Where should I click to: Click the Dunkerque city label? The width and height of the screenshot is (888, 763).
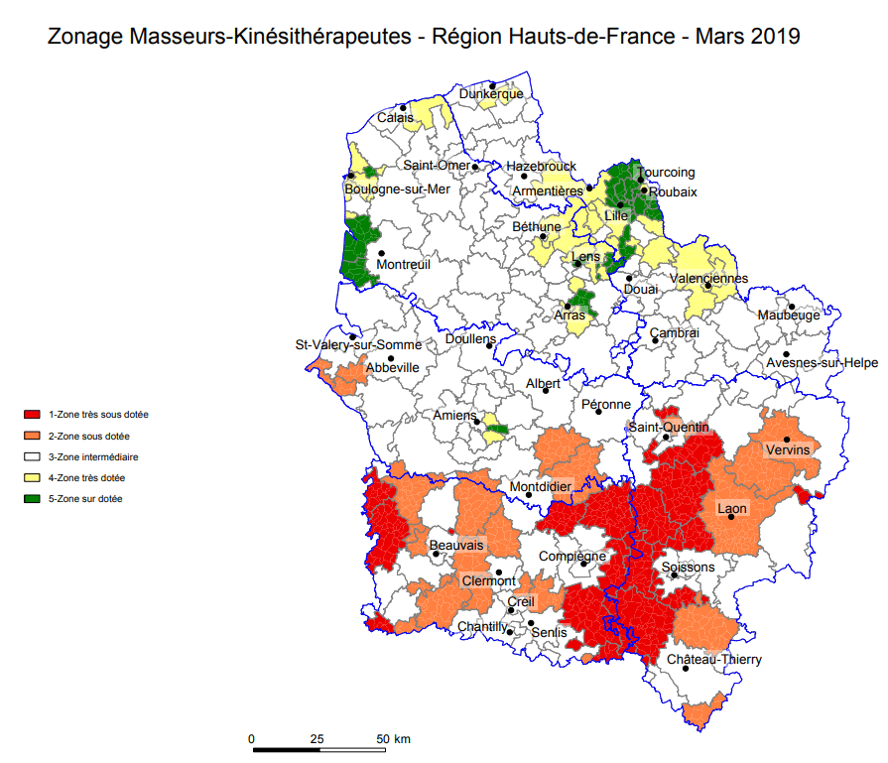[490, 94]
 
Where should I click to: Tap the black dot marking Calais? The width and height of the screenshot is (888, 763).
[403, 107]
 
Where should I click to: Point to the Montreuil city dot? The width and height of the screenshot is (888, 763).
[381, 254]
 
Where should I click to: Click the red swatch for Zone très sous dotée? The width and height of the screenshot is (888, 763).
[33, 415]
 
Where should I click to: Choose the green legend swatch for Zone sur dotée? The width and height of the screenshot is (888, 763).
[33, 499]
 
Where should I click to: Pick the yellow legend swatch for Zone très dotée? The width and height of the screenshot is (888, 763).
[33, 478]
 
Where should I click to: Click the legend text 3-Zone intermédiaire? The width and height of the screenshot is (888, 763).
[93, 457]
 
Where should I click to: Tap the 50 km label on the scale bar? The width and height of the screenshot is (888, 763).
[394, 738]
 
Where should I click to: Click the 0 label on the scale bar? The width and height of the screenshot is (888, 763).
[252, 738]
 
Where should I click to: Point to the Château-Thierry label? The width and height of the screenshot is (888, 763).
[714, 660]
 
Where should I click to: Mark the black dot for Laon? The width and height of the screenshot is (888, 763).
[731, 517]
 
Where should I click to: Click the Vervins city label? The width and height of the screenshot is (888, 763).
[788, 449]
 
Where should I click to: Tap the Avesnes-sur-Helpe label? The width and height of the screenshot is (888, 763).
[822, 363]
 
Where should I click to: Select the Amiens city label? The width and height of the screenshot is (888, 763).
[455, 417]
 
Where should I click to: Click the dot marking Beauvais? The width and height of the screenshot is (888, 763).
[437, 555]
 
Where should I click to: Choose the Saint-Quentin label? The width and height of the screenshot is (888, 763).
[668, 427]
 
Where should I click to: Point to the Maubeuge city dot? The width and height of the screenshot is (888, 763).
[793, 307]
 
